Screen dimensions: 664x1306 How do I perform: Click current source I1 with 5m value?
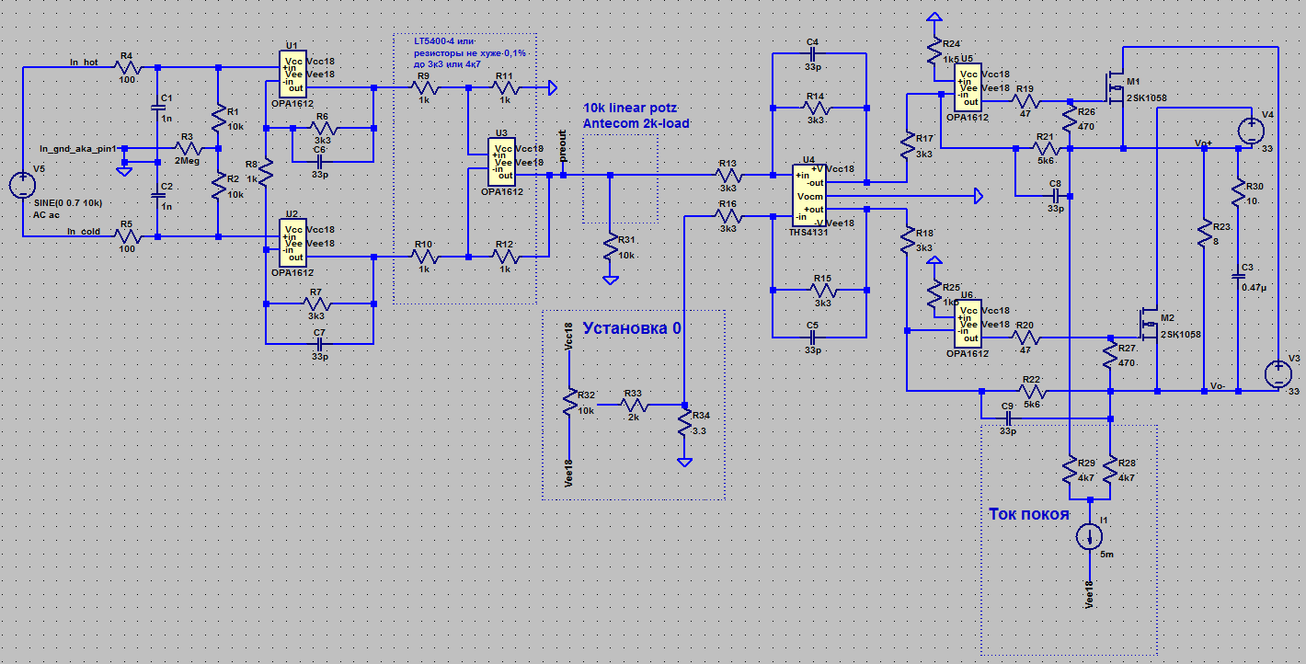pyautogui.click(x=1090, y=536)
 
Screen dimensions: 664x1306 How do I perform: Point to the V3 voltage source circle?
pyautogui.click(x=1276, y=374)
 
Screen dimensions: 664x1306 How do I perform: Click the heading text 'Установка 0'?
pyautogui.click(x=634, y=327)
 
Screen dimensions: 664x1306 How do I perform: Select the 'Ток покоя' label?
pyautogui.click(x=1028, y=514)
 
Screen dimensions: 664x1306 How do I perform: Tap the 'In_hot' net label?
pyautogui.click(x=84, y=63)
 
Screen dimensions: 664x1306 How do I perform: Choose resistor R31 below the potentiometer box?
pyautogui.click(x=609, y=247)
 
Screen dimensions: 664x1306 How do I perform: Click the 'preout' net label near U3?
pyautogui.click(x=563, y=153)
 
